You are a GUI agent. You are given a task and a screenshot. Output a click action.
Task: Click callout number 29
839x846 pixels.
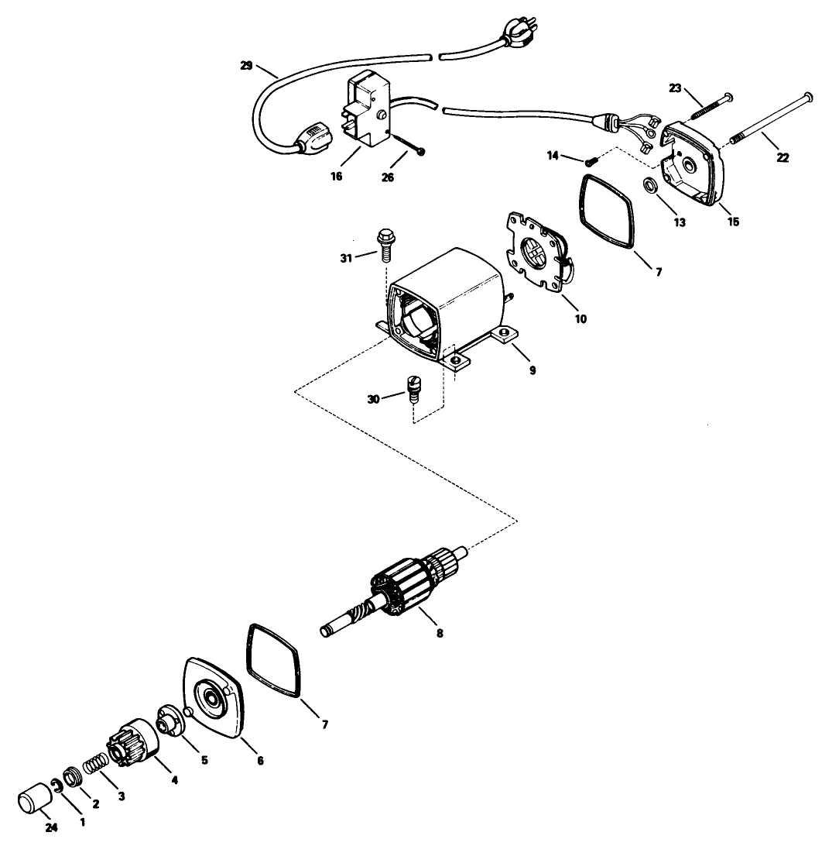click(x=246, y=67)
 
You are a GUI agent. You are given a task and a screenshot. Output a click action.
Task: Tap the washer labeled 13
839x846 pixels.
click(x=652, y=188)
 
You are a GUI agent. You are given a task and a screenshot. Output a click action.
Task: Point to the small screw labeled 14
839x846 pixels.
click(x=591, y=161)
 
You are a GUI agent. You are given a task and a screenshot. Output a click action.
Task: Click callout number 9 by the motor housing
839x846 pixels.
click(x=533, y=370)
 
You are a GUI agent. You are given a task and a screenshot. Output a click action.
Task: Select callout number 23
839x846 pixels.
click(x=674, y=88)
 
